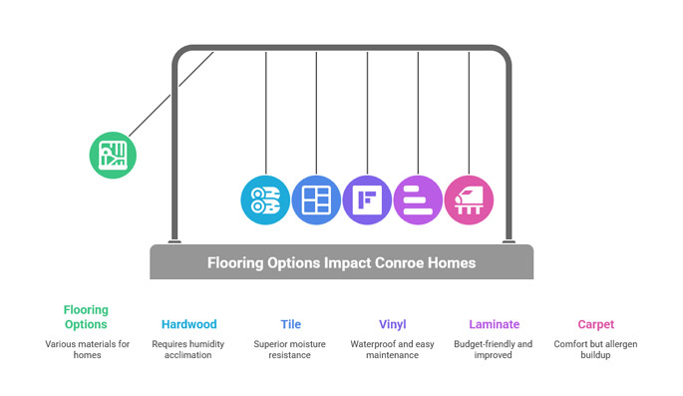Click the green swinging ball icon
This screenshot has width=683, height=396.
112,155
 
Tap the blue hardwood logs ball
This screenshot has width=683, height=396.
266,198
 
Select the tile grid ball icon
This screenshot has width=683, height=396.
316,198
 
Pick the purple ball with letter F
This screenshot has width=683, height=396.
367,198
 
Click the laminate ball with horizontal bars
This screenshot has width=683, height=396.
418,198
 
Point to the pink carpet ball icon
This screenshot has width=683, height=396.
469,198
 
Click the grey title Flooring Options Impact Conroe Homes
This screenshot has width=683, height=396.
341,263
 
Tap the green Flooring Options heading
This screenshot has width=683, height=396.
86,317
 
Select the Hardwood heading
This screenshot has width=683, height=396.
188,324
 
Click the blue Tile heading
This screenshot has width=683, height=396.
290,324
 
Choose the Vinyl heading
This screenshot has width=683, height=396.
392,324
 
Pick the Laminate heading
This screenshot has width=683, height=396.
494,324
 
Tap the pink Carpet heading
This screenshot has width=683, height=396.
596,324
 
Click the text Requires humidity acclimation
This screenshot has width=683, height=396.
188,349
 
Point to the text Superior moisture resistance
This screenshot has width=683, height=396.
290,349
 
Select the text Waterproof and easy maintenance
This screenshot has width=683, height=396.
392,349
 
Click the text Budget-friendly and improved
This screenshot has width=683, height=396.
494,349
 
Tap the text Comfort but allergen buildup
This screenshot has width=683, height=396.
596,349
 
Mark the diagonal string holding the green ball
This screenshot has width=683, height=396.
170,94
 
